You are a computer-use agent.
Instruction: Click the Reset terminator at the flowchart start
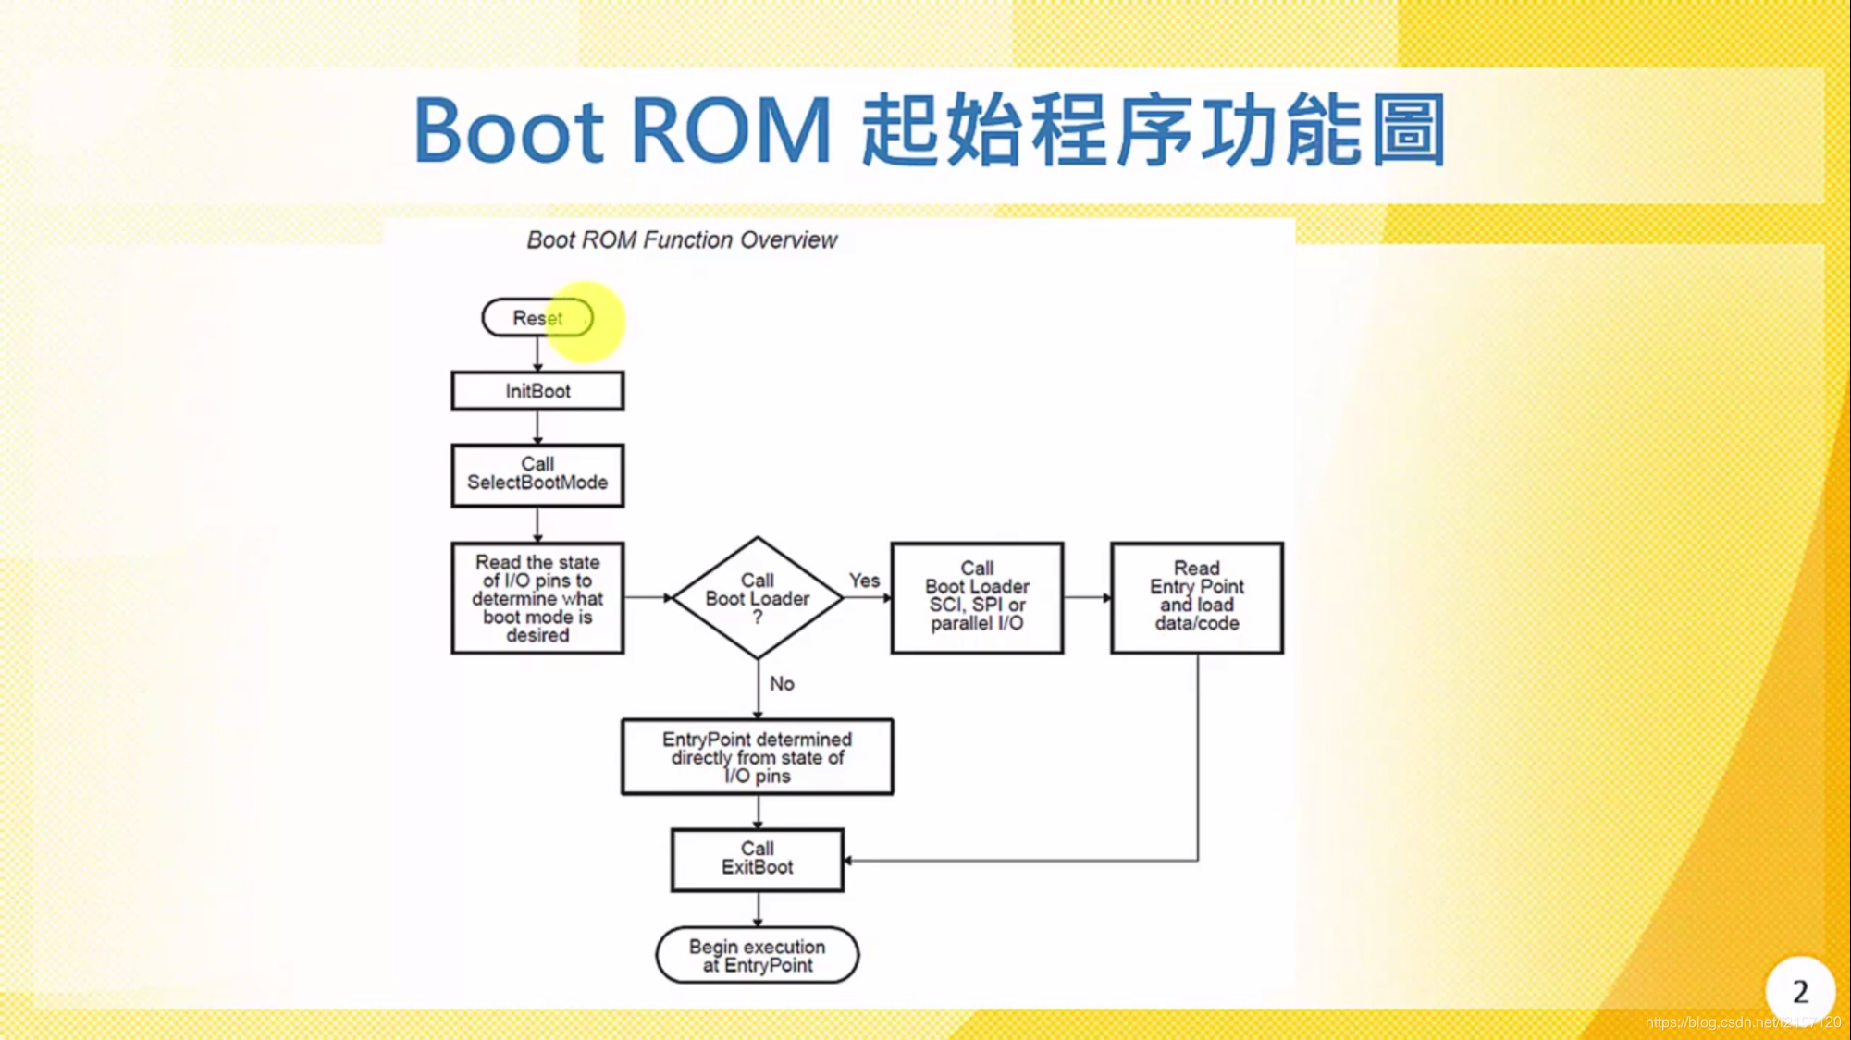coord(537,318)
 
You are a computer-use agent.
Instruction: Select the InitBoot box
coord(537,391)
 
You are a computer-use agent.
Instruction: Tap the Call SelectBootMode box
coord(537,474)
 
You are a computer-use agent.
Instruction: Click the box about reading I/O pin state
coord(537,598)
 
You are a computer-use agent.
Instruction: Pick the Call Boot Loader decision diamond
coord(757,598)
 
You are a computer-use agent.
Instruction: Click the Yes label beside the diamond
coord(864,581)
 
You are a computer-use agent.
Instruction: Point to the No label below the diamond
coord(782,684)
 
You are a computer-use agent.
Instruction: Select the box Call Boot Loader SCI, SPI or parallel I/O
coord(977,597)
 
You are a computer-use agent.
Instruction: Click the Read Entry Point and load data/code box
coord(1196,597)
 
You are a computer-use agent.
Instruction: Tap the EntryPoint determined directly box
coord(757,757)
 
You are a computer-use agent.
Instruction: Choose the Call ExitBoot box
coord(757,859)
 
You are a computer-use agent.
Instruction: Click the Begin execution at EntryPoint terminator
coord(757,956)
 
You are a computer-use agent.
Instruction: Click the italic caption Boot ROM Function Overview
coord(682,240)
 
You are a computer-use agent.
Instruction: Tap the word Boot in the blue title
coord(509,131)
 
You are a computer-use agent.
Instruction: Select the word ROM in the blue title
coord(731,131)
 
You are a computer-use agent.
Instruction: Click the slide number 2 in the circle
coord(1799,992)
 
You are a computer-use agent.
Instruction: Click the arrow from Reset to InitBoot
coord(537,354)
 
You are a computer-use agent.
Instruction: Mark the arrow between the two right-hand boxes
coord(1087,598)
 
